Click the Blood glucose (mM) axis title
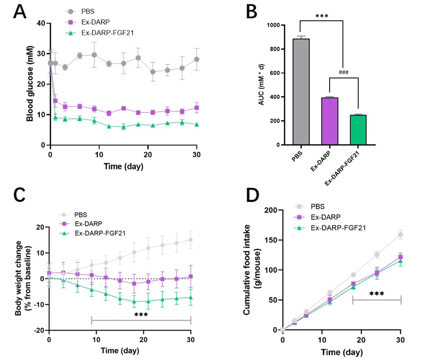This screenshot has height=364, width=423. coord(30,84)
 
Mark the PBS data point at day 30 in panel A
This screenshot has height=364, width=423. coord(196,59)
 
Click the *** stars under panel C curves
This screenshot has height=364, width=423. coord(140,315)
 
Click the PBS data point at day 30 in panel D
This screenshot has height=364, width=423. coord(401,235)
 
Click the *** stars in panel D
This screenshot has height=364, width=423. coord(376,294)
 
